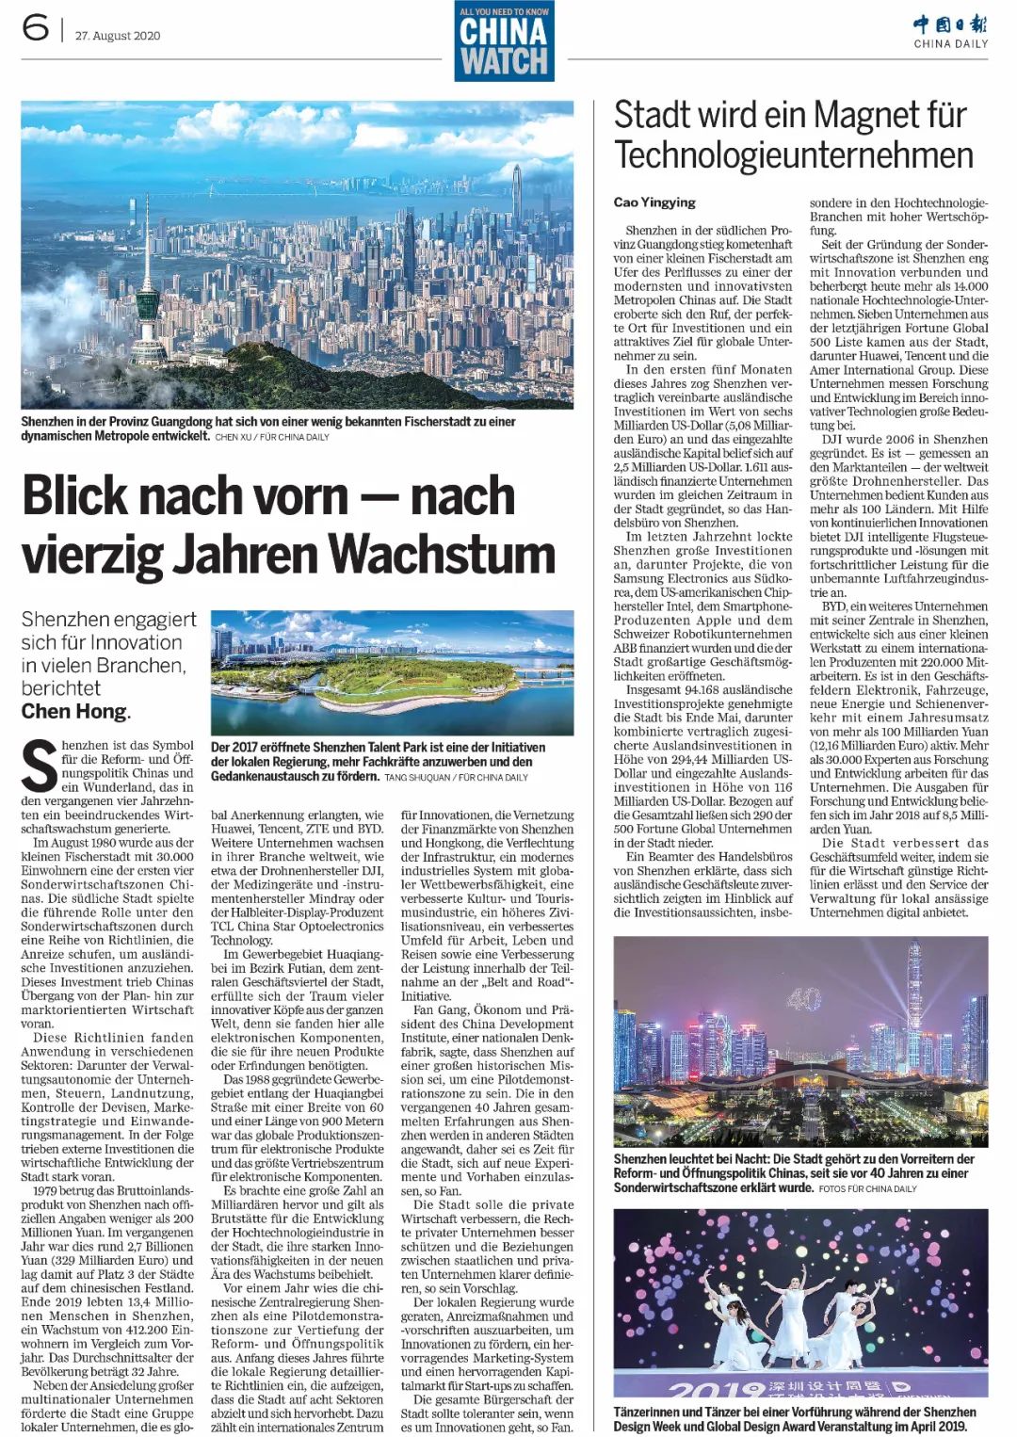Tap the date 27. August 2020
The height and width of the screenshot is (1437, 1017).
click(x=118, y=36)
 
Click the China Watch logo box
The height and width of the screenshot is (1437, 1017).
click(x=504, y=41)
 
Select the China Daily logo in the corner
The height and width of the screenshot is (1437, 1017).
click(x=950, y=30)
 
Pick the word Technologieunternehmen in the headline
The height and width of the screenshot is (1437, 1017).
click(x=794, y=155)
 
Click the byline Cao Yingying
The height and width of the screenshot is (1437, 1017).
click(x=654, y=202)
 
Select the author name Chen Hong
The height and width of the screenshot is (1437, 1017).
click(x=74, y=711)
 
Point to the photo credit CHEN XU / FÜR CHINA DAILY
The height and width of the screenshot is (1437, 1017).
click(x=272, y=437)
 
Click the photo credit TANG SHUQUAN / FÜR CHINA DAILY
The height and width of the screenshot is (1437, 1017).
click(x=456, y=777)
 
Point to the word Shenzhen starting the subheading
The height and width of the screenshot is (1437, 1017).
click(x=62, y=620)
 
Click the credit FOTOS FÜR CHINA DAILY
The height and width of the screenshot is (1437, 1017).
click(x=867, y=1188)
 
